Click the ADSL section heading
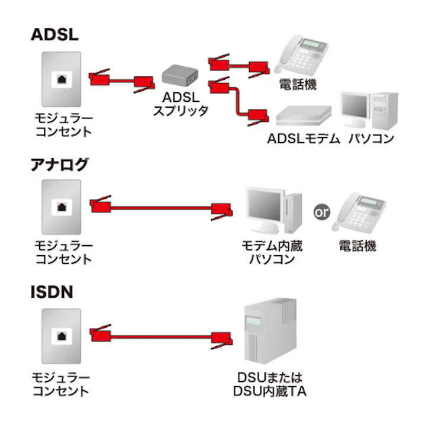(x=54, y=35)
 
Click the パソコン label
(x=371, y=139)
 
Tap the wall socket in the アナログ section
(x=61, y=207)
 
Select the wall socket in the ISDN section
(x=61, y=335)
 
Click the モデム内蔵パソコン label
(x=272, y=252)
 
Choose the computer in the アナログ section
(x=272, y=210)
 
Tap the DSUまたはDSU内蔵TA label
(x=271, y=384)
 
